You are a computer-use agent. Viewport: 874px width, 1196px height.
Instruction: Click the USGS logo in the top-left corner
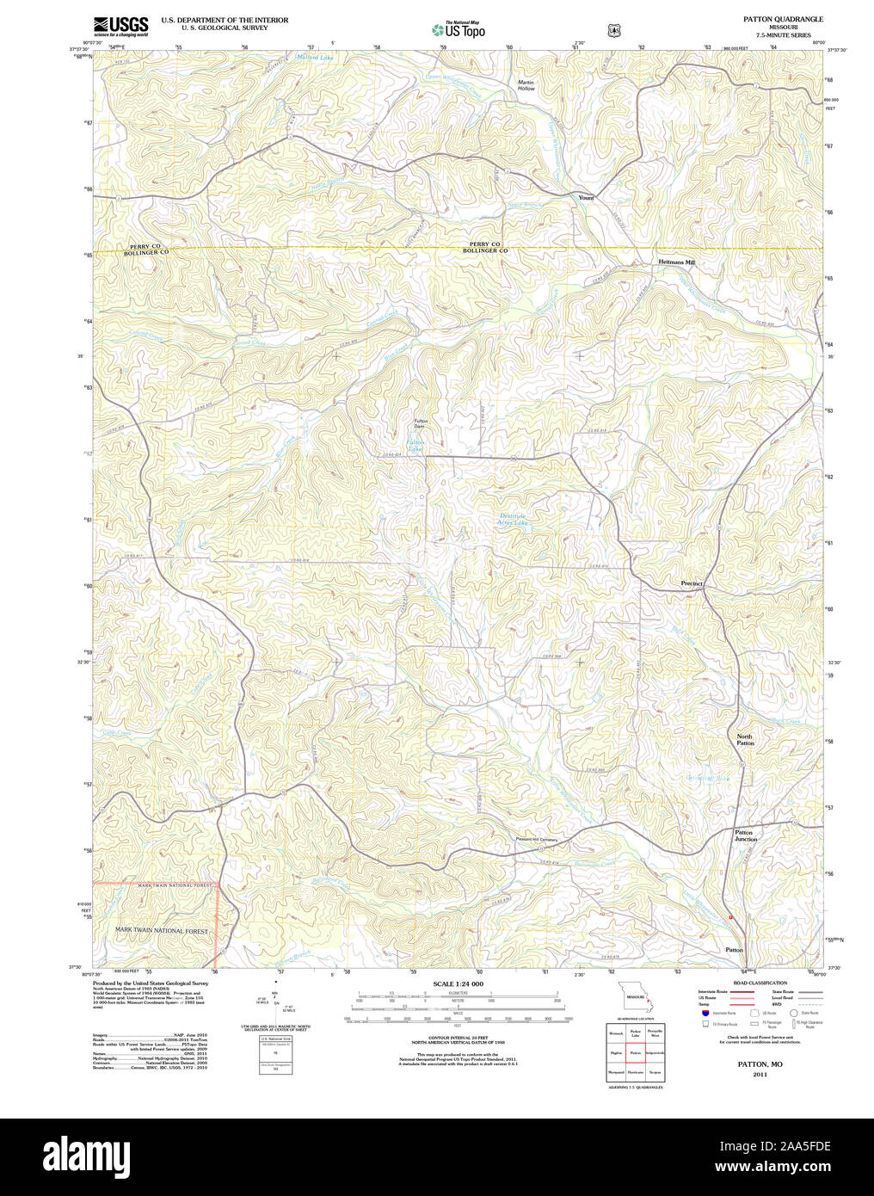tap(120, 25)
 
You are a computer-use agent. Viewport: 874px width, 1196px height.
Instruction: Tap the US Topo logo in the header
tap(459, 30)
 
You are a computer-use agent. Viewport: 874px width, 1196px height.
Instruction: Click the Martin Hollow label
tap(526, 86)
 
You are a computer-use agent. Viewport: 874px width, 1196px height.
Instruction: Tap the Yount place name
tap(586, 198)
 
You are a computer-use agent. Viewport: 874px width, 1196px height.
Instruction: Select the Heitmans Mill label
tap(676, 262)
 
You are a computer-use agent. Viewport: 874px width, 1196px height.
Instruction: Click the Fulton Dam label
tap(421, 424)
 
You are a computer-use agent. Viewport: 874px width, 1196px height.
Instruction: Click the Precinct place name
tap(692, 583)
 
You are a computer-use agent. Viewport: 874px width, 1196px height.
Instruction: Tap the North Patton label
tap(744, 740)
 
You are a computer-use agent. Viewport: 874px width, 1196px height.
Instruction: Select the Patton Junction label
tap(745, 835)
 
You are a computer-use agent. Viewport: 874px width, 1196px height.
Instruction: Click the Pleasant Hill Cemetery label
tap(536, 840)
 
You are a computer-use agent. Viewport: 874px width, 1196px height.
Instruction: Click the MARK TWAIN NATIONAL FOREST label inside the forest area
tap(162, 931)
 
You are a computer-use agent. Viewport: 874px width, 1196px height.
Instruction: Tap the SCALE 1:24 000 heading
tap(458, 983)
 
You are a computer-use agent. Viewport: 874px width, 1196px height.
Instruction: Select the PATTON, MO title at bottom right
tap(760, 1064)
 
